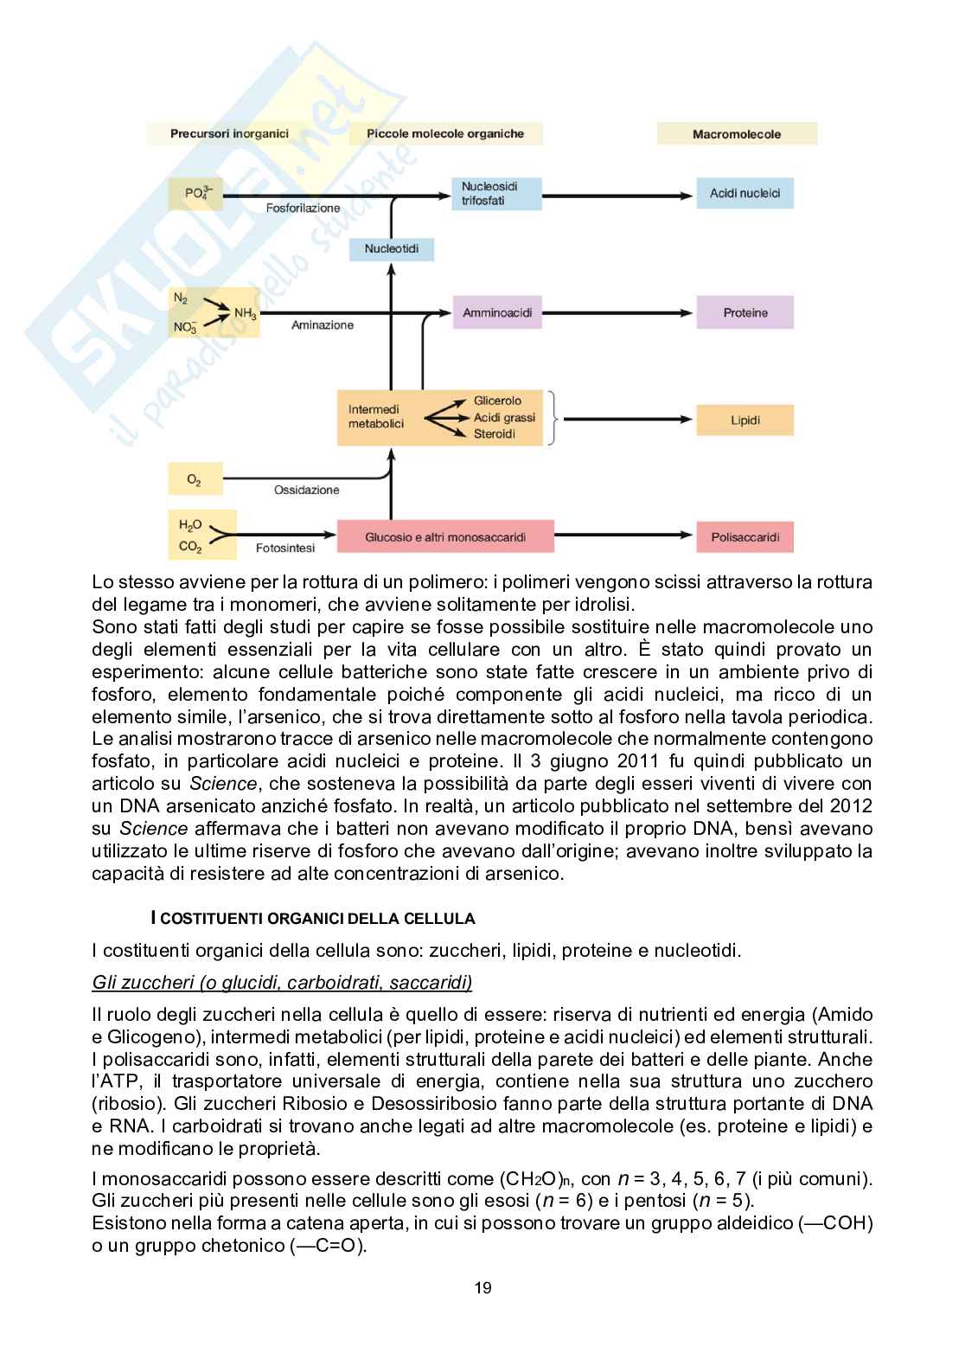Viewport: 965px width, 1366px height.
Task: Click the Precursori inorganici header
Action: coord(229,133)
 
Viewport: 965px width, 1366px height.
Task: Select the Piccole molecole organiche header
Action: coord(445,133)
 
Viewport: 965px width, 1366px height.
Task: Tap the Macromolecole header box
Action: coord(736,134)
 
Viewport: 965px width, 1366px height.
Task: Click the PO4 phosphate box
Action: coord(197,194)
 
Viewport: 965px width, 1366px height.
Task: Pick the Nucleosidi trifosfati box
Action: coord(495,193)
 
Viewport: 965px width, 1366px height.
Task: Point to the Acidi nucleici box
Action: coord(745,193)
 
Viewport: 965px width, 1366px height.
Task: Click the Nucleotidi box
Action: coord(391,249)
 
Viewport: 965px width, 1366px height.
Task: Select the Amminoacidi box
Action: coord(496,312)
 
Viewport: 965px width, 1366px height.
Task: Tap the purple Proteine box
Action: coord(745,312)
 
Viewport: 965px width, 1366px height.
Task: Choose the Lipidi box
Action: coord(745,420)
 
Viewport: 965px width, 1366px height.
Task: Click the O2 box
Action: coord(195,478)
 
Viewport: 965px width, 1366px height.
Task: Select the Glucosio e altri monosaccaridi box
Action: coord(445,536)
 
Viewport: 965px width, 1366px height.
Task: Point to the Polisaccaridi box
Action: coord(745,536)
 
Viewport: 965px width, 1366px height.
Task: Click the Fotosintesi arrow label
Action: coord(285,548)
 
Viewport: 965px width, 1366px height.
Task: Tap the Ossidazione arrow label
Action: coord(306,490)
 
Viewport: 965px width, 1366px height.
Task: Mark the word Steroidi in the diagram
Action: coord(494,433)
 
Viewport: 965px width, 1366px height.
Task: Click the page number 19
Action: coord(482,1287)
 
